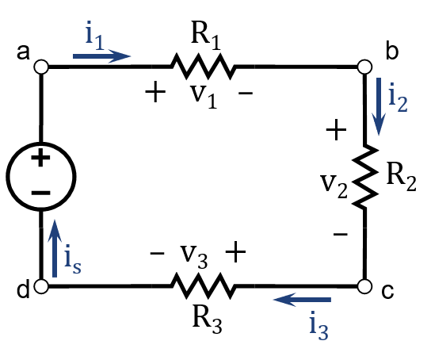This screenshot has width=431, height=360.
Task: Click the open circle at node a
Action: tap(41, 67)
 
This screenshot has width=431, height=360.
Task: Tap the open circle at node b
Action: tap(364, 67)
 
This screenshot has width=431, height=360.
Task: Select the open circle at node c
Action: tap(364, 286)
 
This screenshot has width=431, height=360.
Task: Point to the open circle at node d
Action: tap(41, 286)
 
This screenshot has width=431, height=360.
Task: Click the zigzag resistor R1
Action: tap(203, 67)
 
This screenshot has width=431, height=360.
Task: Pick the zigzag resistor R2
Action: tap(364, 176)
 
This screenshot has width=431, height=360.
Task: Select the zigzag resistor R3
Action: tap(203, 286)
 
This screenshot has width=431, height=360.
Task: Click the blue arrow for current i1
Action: tap(101, 56)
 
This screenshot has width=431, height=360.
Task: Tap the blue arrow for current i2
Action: tap(379, 107)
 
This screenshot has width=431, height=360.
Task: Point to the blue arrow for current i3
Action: tap(302, 300)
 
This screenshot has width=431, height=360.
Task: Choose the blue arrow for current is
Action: tap(55, 248)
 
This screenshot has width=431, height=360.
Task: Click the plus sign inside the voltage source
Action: tap(40, 158)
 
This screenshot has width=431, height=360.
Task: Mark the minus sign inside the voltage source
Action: tap(41, 193)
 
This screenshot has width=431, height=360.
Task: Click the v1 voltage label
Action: tap(204, 97)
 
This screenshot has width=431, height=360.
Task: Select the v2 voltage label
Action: tap(334, 186)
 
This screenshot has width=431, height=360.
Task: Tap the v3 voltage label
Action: tap(194, 256)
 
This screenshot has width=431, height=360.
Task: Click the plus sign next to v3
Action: tap(235, 251)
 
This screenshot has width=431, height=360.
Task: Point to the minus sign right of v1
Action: tap(246, 94)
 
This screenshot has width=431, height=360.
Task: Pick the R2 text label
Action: tap(401, 178)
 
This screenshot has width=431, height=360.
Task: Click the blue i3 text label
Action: tap(318, 326)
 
